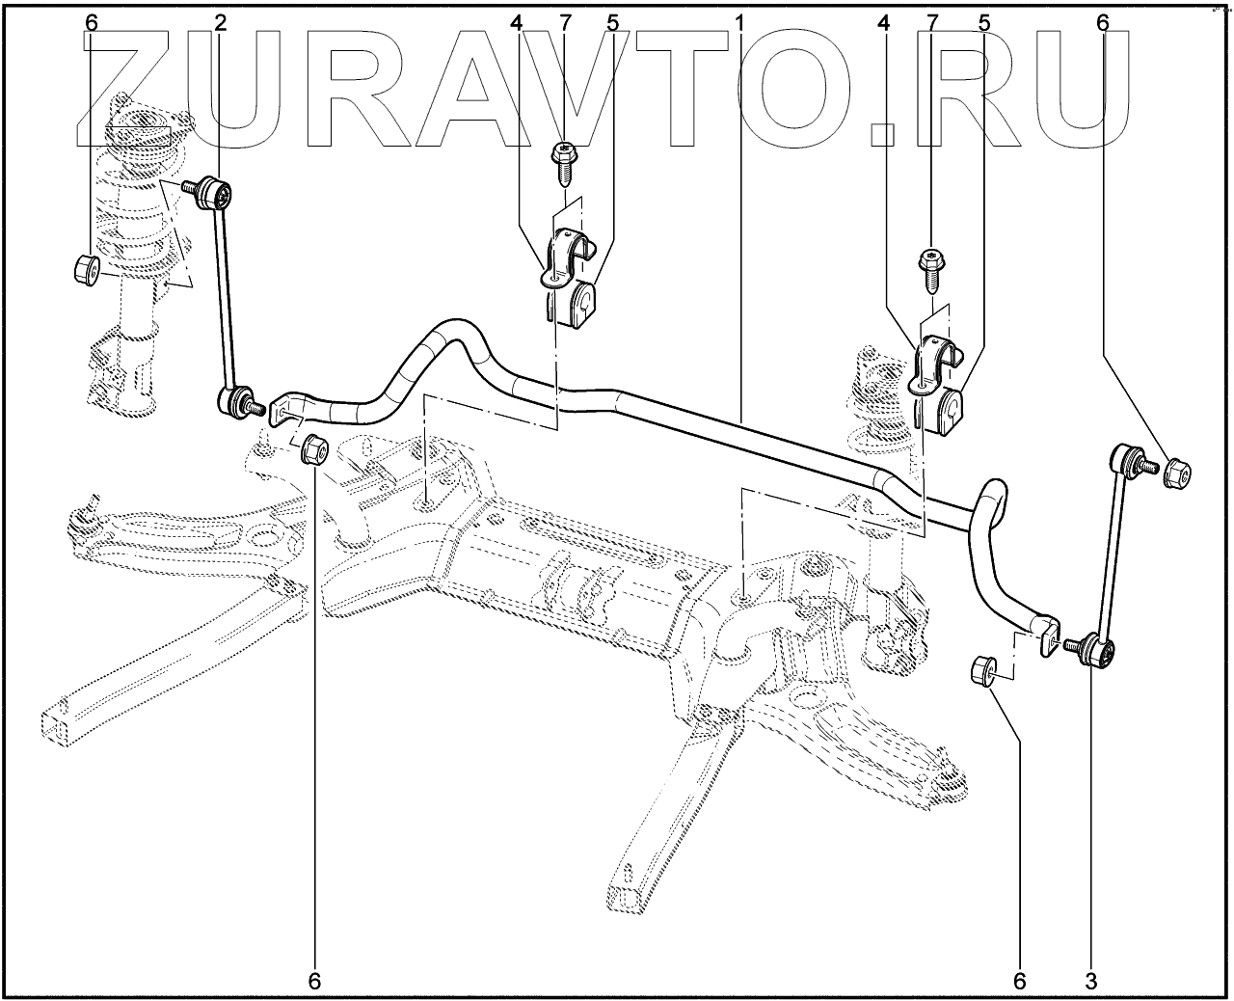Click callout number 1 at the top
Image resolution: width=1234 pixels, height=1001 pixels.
coord(739,21)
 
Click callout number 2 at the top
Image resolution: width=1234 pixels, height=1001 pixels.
coord(221,21)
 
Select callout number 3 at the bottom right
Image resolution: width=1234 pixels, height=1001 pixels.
coord(1091,981)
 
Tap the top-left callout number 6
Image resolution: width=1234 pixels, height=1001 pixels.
coord(91,21)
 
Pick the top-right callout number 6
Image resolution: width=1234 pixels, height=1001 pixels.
coord(1103,21)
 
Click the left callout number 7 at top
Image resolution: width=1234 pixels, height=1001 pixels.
coord(565,21)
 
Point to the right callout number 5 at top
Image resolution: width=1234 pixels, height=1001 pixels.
coord(983,21)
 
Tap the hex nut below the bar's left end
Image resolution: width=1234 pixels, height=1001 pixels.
coord(314,449)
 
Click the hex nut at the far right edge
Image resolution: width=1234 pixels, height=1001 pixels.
coord(1177,473)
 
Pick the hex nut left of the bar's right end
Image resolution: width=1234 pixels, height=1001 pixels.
coord(983,667)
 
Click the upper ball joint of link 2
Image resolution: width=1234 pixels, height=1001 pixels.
coord(214,194)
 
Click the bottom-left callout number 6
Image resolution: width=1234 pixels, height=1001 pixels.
coord(314,981)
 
